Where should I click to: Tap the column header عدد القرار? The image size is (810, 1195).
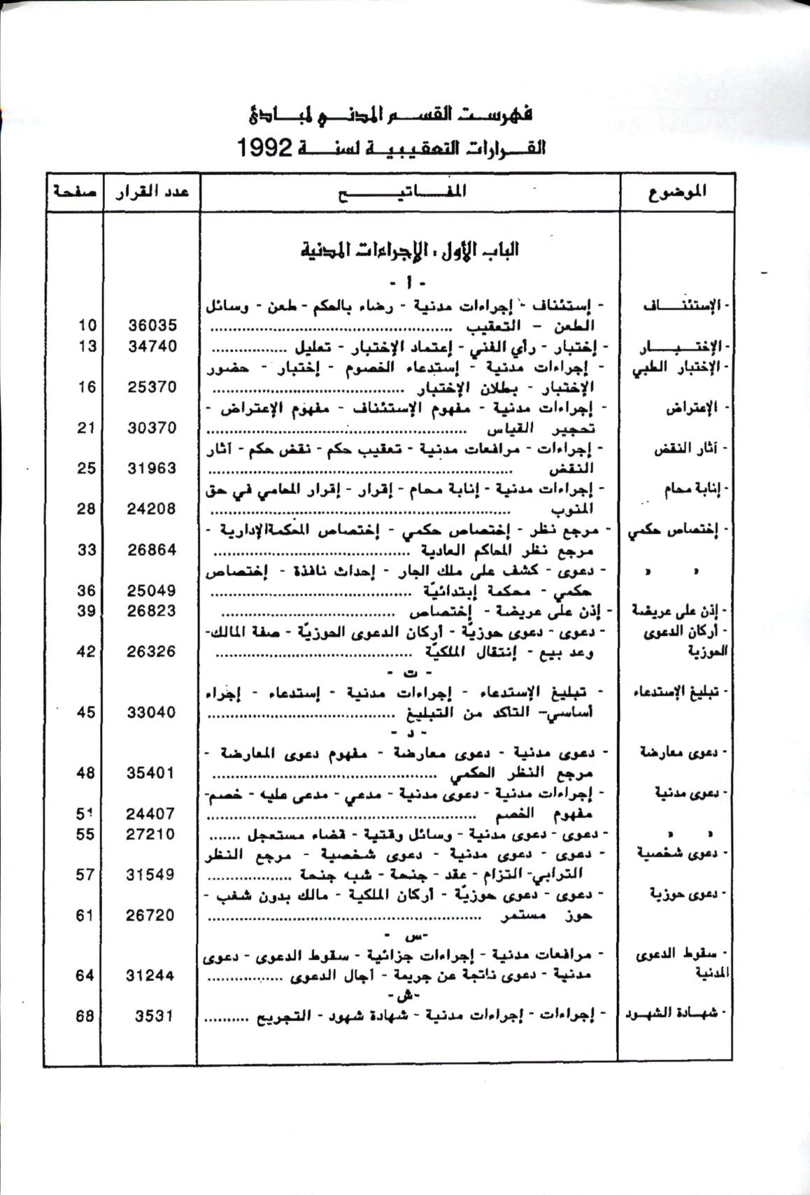(x=152, y=191)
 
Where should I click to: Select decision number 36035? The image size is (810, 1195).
(x=152, y=325)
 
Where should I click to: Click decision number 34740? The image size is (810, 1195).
(x=152, y=346)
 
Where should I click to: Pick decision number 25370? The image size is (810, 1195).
(x=152, y=387)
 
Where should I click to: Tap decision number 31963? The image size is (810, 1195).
(x=152, y=468)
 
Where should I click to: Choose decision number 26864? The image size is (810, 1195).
(x=152, y=550)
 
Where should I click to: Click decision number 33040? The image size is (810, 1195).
(x=152, y=712)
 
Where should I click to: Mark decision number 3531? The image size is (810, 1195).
(x=154, y=1016)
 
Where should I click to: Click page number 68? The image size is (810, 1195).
(x=85, y=1016)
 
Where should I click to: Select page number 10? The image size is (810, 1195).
(x=87, y=325)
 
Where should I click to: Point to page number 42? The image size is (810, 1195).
(x=86, y=651)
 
